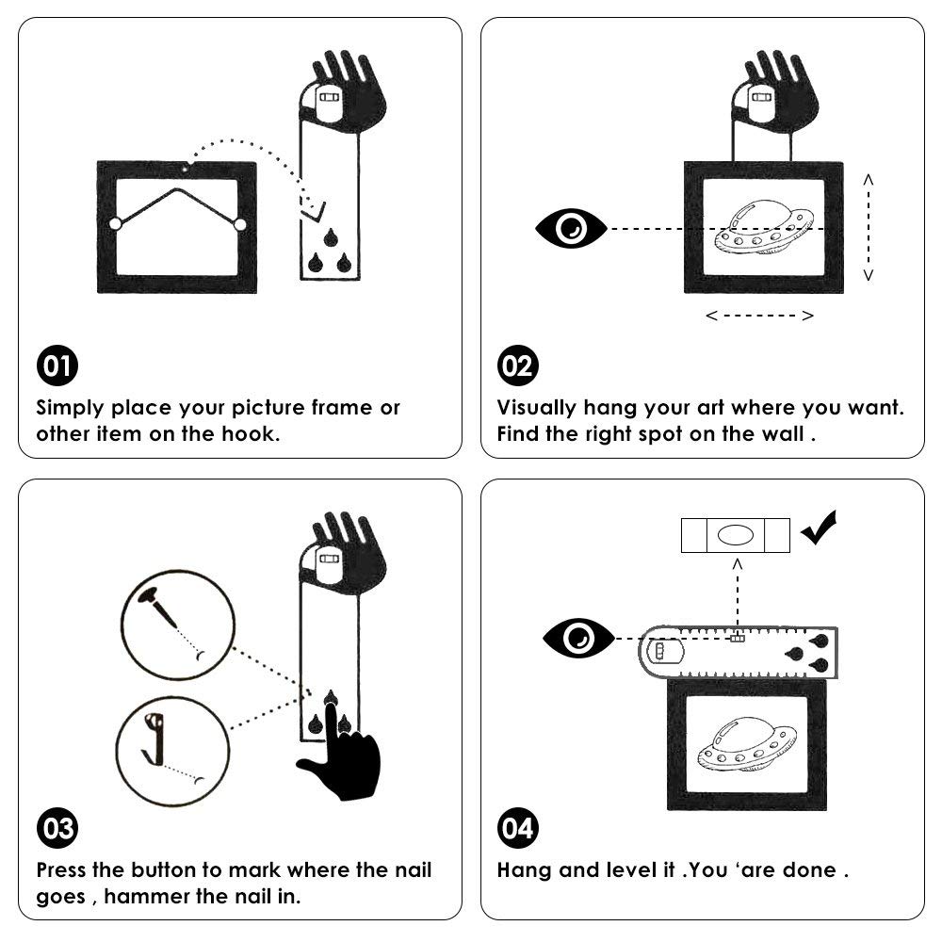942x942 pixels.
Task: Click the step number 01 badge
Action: coord(57,365)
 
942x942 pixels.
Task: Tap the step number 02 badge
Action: coord(518,365)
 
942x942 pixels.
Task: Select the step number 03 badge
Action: coord(57,828)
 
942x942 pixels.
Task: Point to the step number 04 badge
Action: coord(518,828)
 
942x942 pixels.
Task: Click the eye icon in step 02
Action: coord(571,228)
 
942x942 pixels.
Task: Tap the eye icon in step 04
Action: coord(578,638)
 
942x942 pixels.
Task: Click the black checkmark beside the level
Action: coord(819,527)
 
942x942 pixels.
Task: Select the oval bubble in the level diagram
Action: coord(736,535)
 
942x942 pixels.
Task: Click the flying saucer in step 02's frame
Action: coord(764,228)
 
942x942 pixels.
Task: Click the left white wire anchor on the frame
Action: coord(115,224)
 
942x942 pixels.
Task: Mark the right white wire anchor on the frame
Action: coord(239,225)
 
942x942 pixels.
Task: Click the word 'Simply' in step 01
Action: coord(70,409)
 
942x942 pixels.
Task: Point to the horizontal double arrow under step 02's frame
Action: coord(760,316)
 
